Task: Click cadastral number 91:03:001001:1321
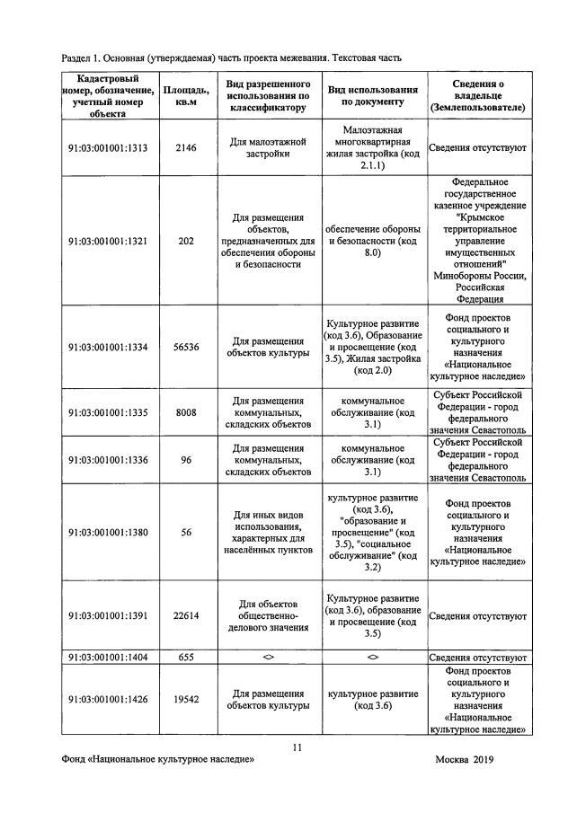(107, 241)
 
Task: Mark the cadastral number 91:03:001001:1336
(107, 460)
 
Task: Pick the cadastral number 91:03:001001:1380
(107, 532)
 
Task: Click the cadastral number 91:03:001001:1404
(107, 658)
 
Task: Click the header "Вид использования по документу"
(372, 95)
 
